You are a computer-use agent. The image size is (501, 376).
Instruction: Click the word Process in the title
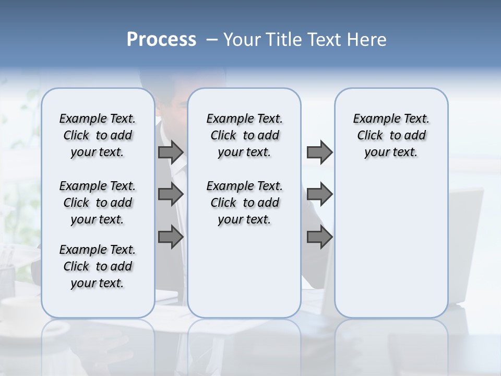tap(161, 40)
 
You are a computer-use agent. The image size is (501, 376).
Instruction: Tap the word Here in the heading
tap(367, 40)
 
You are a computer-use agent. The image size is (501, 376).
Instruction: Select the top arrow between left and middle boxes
tap(170, 152)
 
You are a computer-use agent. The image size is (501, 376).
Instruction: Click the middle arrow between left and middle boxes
tap(170, 194)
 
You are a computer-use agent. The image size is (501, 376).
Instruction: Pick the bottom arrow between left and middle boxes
tap(170, 237)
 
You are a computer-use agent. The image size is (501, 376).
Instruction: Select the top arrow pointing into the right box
tap(319, 152)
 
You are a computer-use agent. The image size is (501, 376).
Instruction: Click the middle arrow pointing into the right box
tap(319, 194)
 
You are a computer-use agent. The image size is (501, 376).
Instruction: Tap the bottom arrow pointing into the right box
tap(319, 237)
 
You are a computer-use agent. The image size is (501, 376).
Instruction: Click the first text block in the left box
tap(98, 135)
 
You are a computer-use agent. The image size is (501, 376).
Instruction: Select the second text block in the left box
tap(98, 203)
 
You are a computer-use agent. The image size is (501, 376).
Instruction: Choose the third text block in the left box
tap(98, 266)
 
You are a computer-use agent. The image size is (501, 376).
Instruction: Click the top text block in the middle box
tap(244, 135)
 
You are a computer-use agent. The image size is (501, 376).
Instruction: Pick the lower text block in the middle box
tap(244, 203)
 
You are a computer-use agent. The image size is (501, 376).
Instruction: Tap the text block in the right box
tap(391, 135)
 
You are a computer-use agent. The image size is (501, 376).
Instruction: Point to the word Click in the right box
tap(370, 136)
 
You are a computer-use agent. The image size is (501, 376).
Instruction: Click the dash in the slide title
tap(211, 40)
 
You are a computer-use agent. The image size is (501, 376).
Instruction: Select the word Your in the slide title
tap(242, 40)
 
